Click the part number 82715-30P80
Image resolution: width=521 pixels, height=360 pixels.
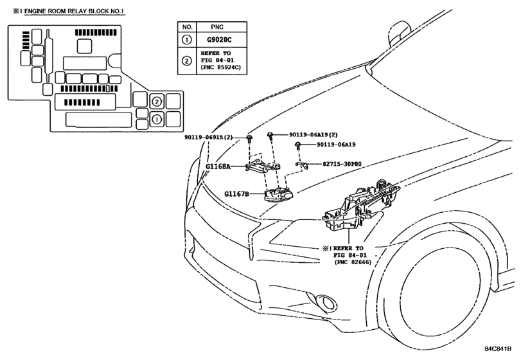[342, 164]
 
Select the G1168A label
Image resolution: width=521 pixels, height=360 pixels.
[218, 166]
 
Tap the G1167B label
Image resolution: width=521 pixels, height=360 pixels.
[236, 194]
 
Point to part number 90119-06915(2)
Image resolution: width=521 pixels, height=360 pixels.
[209, 138]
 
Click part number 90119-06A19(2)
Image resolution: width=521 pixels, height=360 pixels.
[313, 134]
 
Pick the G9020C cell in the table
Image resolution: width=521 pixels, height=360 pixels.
[219, 40]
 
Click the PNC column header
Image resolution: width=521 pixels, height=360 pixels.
[217, 27]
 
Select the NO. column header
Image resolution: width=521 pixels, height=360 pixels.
[188, 27]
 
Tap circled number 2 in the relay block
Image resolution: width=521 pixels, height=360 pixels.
[157, 102]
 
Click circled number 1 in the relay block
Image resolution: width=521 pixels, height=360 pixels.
[157, 119]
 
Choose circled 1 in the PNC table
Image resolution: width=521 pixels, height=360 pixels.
[187, 40]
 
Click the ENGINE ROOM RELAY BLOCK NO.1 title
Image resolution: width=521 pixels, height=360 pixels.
[74, 12]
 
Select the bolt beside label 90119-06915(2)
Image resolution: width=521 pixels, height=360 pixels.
[249, 138]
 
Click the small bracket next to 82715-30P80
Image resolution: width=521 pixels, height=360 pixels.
[302, 165]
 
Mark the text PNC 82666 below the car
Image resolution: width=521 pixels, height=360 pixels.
[352, 262]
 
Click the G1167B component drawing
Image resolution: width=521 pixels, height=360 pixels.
[279, 194]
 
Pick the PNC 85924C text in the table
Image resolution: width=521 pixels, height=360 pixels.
[220, 67]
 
